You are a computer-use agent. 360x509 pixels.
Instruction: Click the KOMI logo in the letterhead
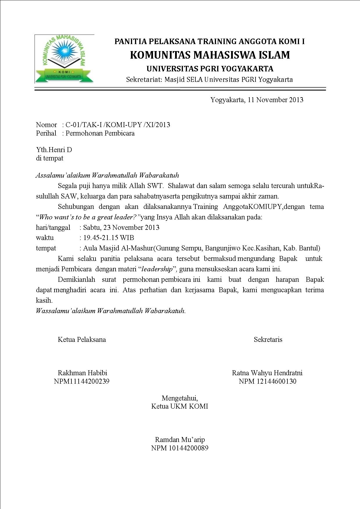[x=64, y=59]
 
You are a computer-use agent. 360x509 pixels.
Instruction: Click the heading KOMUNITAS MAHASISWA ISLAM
[x=210, y=55]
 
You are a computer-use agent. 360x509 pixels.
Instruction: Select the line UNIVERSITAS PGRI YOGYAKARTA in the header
[x=210, y=69]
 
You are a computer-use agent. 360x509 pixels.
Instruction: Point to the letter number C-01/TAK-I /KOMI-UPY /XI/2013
[x=118, y=125]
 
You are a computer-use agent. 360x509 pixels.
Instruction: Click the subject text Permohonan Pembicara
[x=100, y=133]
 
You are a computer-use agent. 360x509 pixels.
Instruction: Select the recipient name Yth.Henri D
[x=54, y=150]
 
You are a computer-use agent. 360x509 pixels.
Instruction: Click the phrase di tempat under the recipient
[x=50, y=158]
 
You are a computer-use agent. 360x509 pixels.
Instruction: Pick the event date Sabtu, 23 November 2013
[x=121, y=227]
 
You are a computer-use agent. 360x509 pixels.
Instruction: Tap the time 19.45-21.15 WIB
[x=109, y=238]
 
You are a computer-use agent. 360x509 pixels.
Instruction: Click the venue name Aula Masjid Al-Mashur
[x=118, y=248]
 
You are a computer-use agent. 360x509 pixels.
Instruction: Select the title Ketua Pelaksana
[x=82, y=340]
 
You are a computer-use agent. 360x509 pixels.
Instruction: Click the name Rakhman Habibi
[x=82, y=373]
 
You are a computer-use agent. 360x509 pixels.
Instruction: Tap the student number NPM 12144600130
[x=267, y=381]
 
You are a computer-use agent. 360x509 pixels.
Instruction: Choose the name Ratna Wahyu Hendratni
[x=267, y=373]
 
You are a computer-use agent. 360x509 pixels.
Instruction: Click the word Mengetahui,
[x=180, y=398]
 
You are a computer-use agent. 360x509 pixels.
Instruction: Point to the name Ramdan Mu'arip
[x=180, y=439]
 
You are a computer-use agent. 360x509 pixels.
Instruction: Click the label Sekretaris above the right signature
[x=268, y=340]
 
